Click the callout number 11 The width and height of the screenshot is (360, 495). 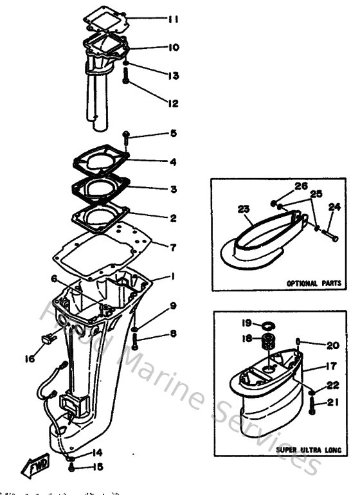173,20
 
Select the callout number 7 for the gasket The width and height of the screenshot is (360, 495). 173,247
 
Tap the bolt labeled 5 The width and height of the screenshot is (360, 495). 127,136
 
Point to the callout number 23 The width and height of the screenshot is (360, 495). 242,209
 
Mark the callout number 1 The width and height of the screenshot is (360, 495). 173,277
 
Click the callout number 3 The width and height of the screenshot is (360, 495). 173,190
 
